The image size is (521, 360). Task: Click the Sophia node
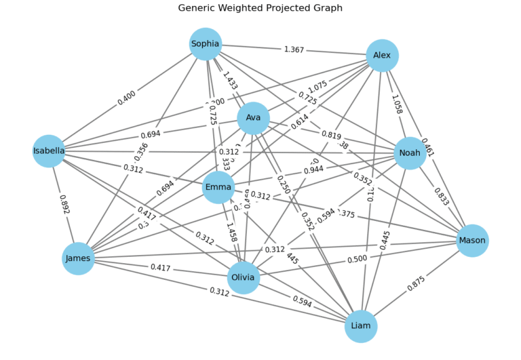[x=206, y=44]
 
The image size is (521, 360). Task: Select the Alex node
[x=382, y=56]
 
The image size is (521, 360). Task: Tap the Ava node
[x=254, y=118]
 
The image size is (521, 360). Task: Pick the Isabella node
[x=49, y=151]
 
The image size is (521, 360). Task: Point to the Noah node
[x=410, y=153]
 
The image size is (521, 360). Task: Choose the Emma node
[x=218, y=187]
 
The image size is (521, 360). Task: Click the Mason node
[x=472, y=241]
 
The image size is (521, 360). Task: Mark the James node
[x=78, y=258]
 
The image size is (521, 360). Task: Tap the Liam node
[x=361, y=326]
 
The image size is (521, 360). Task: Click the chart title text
[x=260, y=8]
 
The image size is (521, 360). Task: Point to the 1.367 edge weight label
[x=294, y=49]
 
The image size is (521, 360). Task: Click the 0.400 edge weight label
[x=126, y=98]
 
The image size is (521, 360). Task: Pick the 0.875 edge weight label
[x=417, y=283]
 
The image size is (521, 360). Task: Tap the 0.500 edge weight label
[x=358, y=259]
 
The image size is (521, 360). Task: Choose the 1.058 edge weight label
[x=396, y=105]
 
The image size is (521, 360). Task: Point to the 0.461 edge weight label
[x=428, y=148]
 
